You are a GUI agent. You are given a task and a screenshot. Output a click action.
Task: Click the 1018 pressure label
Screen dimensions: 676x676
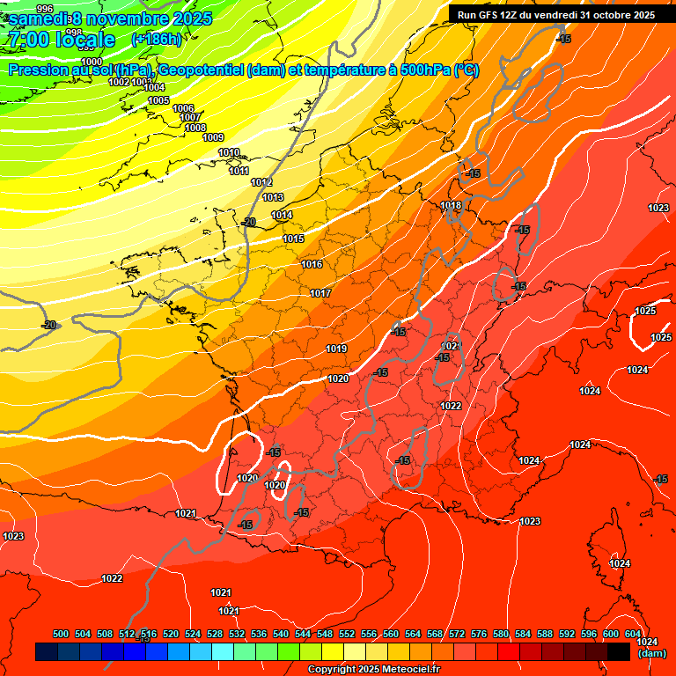(x=451, y=206)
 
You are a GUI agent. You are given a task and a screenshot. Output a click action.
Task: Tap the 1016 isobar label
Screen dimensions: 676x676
(x=312, y=265)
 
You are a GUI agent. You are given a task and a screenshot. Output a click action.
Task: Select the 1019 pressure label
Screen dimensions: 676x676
(x=336, y=349)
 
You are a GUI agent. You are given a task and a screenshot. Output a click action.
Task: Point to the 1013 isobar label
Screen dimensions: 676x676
(x=273, y=198)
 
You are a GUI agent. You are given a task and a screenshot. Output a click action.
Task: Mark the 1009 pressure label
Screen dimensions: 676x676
(x=213, y=137)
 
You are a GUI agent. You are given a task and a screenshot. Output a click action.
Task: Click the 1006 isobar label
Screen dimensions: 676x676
(x=183, y=109)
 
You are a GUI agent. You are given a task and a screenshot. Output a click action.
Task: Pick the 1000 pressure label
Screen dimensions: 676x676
(x=92, y=62)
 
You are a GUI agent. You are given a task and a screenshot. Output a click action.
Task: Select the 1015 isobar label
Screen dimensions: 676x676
(x=293, y=239)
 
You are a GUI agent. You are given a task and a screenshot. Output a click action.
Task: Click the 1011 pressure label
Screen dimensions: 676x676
(x=239, y=171)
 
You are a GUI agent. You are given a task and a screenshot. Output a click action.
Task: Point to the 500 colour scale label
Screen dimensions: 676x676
(x=61, y=634)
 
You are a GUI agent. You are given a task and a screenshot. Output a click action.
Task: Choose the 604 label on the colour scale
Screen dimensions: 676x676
(x=633, y=634)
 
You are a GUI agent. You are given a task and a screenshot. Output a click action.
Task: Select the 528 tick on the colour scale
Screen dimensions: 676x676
(x=215, y=634)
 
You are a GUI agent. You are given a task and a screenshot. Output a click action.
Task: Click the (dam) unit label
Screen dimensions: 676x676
(x=651, y=653)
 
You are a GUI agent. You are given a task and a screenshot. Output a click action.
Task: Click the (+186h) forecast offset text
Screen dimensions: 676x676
(x=156, y=39)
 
